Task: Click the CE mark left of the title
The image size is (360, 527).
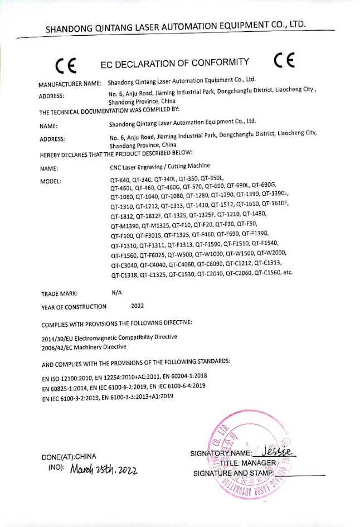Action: [x=66, y=65]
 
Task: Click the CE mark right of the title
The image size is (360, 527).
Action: [x=285, y=60]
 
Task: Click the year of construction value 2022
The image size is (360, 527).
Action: [x=137, y=306]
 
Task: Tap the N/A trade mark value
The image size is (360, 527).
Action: [x=116, y=292]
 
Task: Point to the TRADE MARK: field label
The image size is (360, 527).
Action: [x=59, y=293]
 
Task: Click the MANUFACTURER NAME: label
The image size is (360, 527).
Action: [x=70, y=84]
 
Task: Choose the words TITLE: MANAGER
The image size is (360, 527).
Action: [x=247, y=463]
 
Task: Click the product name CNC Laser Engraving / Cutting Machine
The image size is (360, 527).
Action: [x=159, y=166]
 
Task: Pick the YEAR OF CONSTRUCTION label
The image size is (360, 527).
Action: [x=74, y=306]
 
